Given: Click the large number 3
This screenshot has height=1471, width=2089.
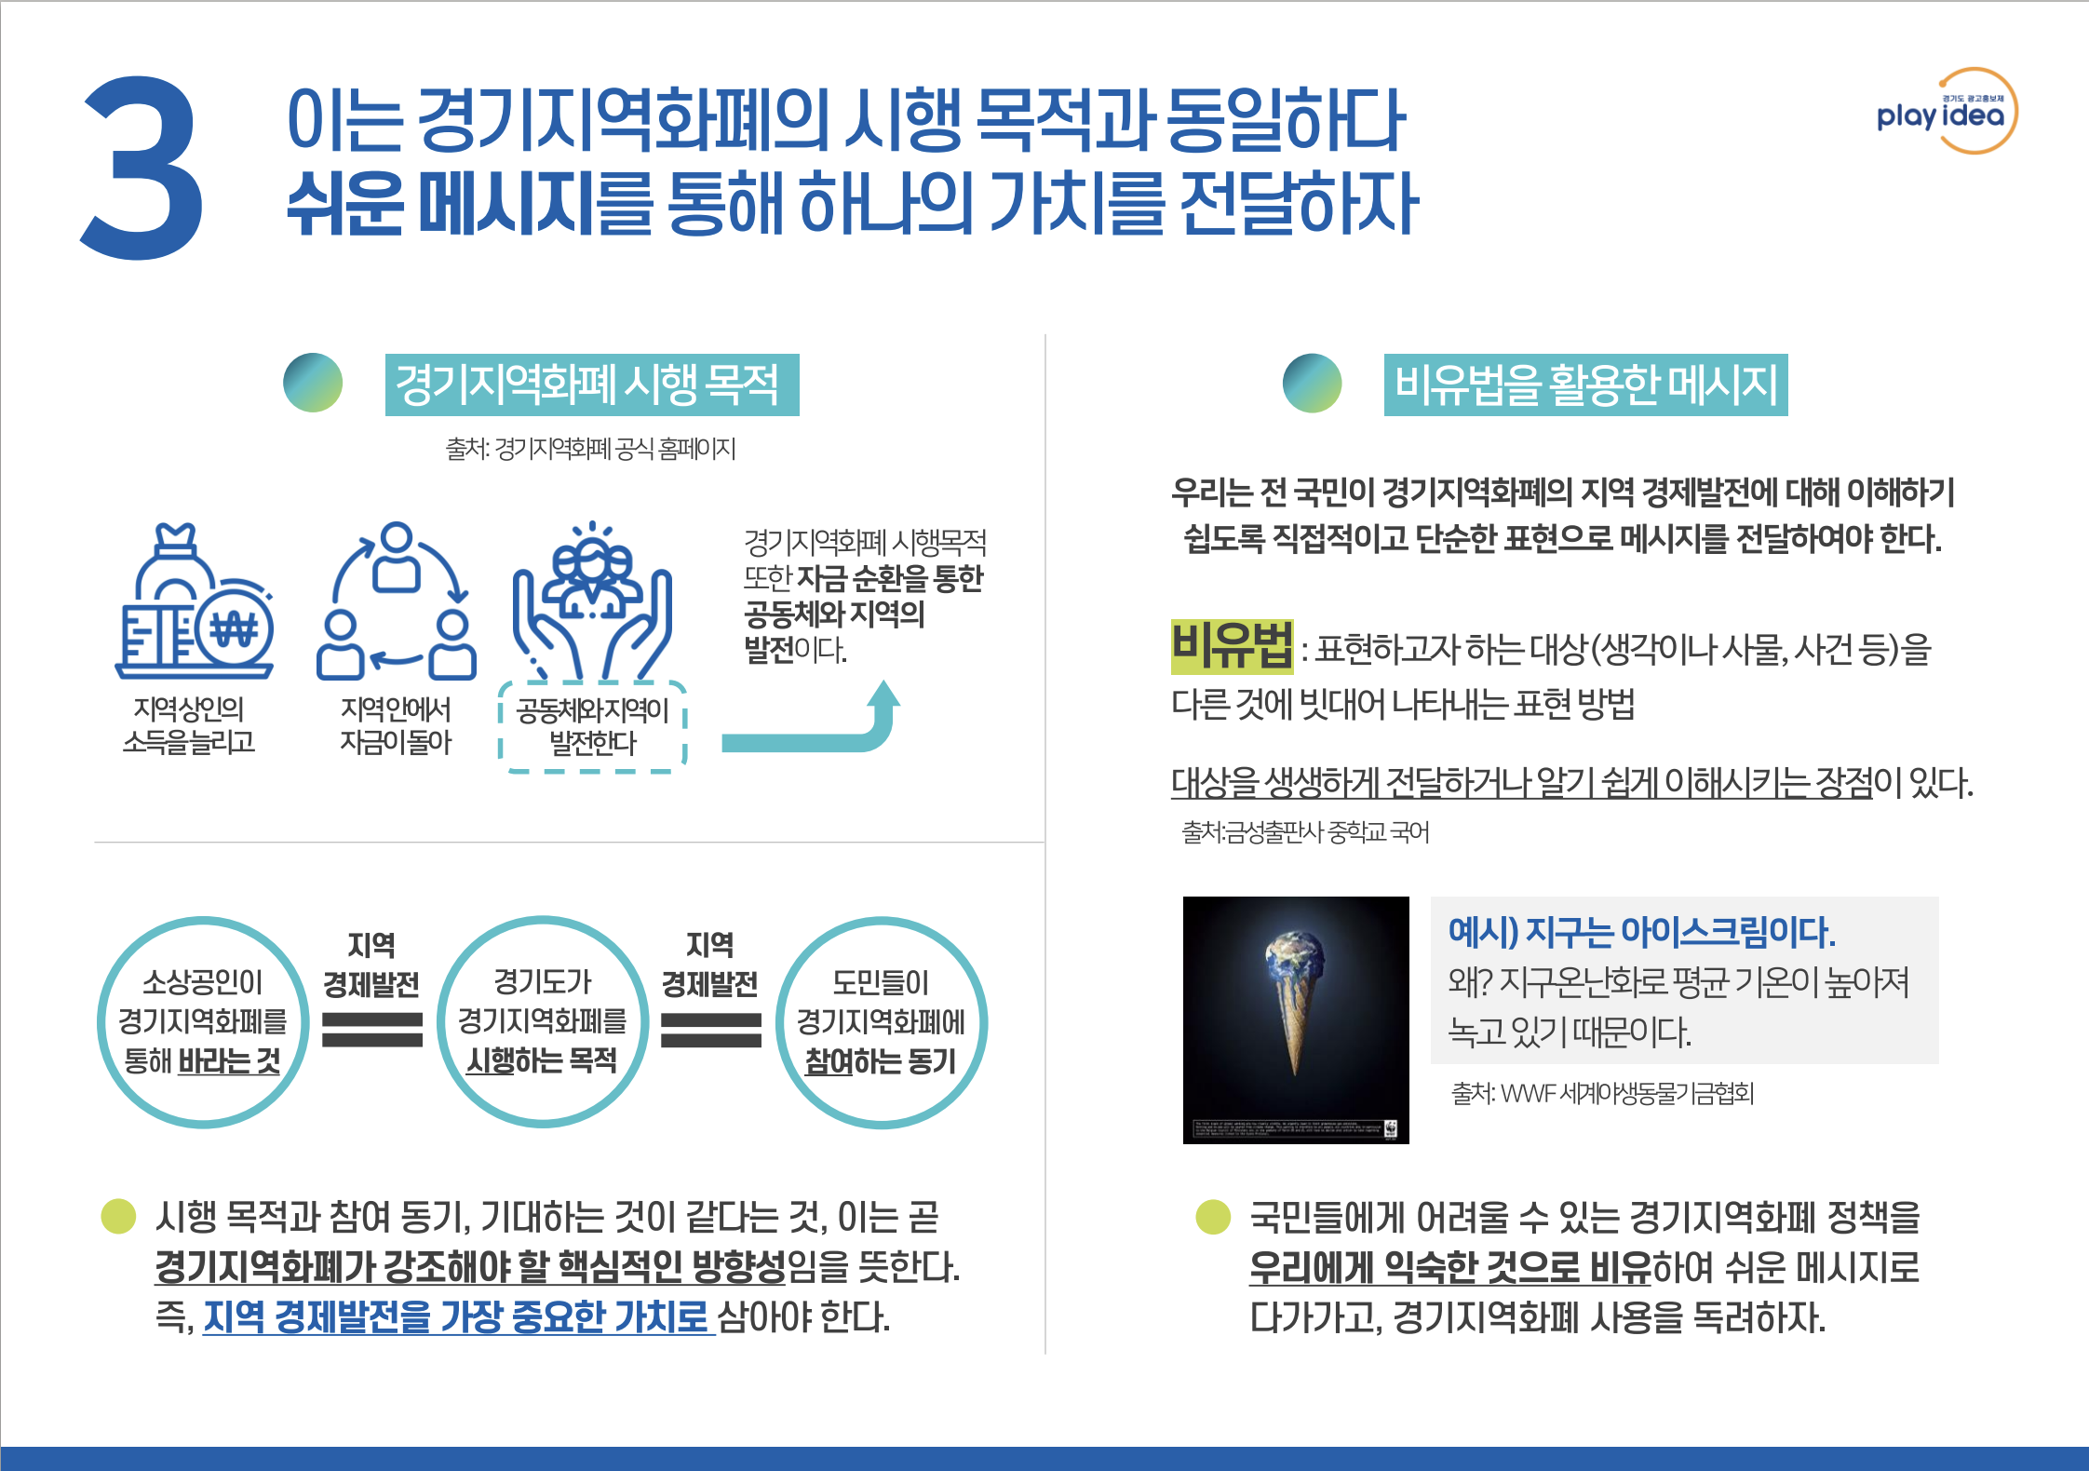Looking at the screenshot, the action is tap(142, 169).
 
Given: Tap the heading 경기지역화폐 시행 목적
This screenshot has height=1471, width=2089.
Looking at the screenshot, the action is tap(591, 385).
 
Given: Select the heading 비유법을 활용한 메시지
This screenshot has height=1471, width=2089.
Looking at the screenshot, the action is tap(1584, 385).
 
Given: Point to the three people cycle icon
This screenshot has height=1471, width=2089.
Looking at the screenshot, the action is tap(397, 601).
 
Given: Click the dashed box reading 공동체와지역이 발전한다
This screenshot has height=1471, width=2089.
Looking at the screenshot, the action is tap(592, 727).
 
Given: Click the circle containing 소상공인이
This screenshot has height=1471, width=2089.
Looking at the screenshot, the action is tap(202, 1022).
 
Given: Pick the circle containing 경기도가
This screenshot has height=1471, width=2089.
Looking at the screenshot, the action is tap(542, 1022).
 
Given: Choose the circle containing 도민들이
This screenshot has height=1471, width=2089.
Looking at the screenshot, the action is tap(881, 1022).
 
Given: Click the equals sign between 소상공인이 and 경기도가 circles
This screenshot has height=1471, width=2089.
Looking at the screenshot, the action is tap(371, 1030).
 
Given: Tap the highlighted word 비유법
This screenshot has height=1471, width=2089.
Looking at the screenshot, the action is tap(1231, 645).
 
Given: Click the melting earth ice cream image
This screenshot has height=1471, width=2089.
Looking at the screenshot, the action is tap(1296, 1019).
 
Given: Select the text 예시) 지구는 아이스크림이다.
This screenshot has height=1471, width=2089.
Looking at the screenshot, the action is tap(1641, 931).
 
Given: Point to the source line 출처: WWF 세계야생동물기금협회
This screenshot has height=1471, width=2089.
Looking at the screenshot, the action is tap(1602, 1093).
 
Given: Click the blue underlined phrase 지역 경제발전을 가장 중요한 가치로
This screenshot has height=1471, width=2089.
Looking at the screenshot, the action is tap(456, 1316).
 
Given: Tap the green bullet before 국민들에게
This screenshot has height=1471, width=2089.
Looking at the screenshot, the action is tap(1213, 1217).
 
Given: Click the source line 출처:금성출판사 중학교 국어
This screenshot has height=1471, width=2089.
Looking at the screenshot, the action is tap(1304, 831).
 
